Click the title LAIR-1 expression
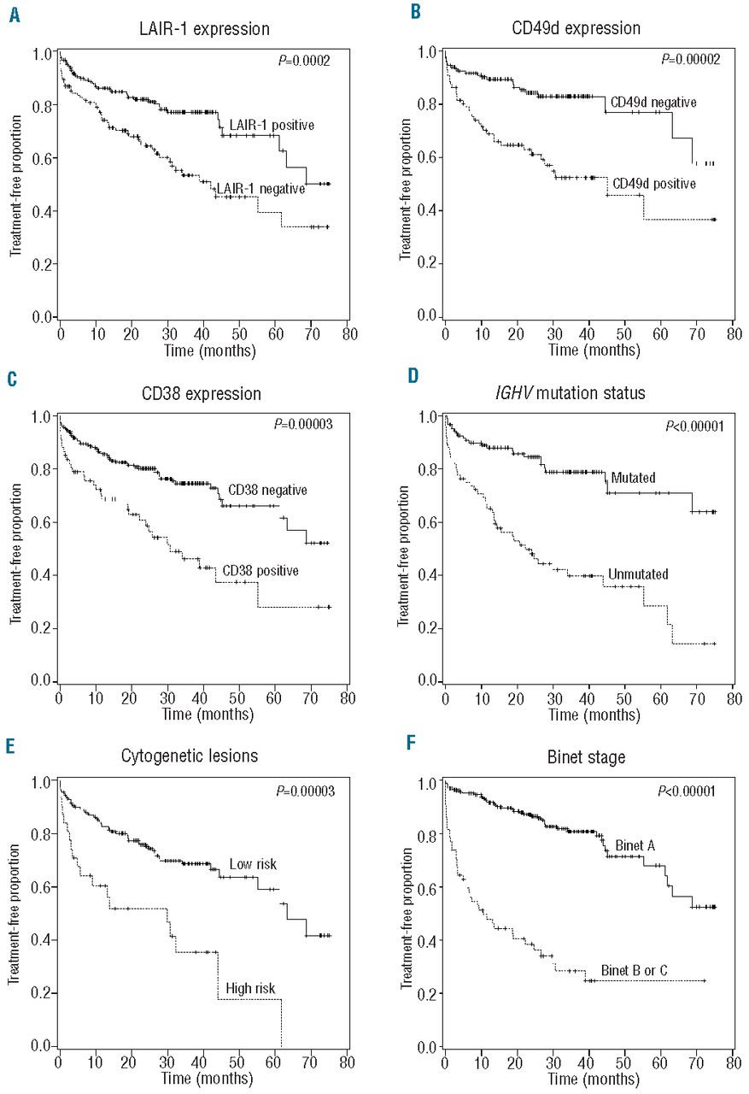[x=205, y=29]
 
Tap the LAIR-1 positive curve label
[x=267, y=125]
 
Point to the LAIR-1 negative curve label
[x=260, y=189]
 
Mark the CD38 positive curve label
[x=260, y=570]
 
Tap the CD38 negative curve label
[x=266, y=491]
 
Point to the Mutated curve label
[x=633, y=477]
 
